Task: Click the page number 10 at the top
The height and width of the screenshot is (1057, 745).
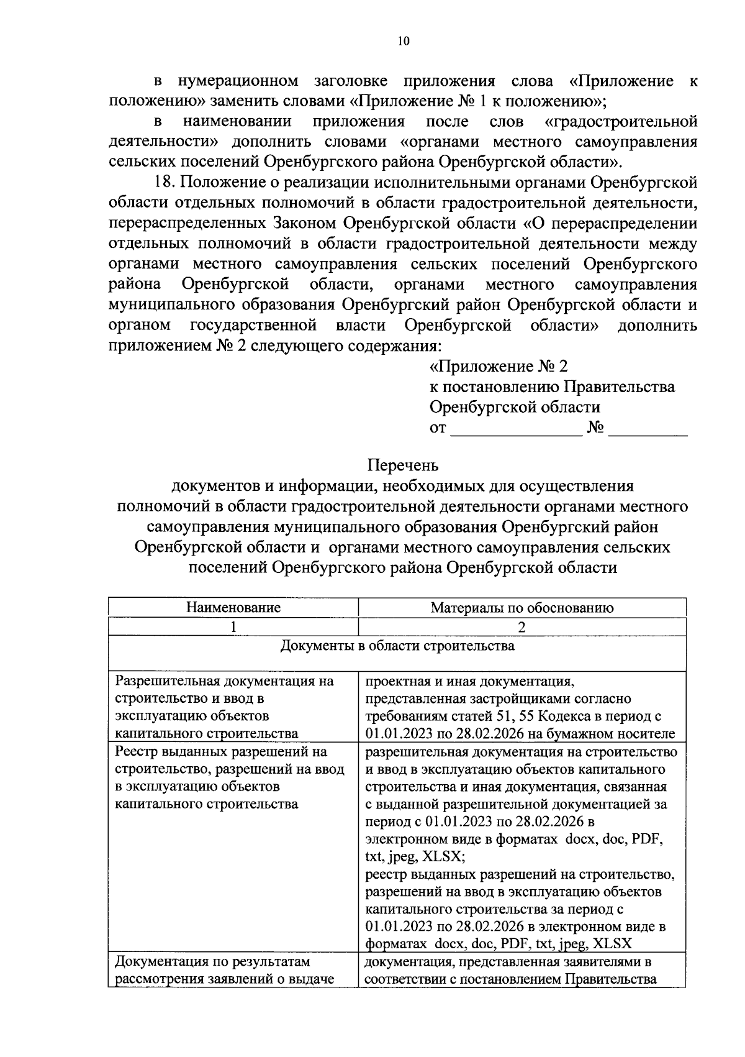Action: pyautogui.click(x=403, y=41)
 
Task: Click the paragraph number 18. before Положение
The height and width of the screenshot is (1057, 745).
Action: pyautogui.click(x=166, y=183)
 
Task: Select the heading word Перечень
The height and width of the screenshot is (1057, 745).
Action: pyautogui.click(x=403, y=465)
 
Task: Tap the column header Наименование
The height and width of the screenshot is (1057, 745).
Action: pyautogui.click(x=233, y=608)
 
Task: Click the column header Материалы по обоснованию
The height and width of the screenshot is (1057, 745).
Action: pyautogui.click(x=522, y=608)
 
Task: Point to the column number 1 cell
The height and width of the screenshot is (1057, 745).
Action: pyautogui.click(x=233, y=627)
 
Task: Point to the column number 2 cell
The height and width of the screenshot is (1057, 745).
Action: pyautogui.click(x=522, y=627)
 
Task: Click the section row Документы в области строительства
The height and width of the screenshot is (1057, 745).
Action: pyautogui.click(x=397, y=646)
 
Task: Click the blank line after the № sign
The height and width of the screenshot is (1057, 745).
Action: pyautogui.click(x=648, y=429)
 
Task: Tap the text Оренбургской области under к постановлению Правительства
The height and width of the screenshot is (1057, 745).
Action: pyautogui.click(x=515, y=408)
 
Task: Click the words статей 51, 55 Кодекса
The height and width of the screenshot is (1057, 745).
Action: pyautogui.click(x=502, y=716)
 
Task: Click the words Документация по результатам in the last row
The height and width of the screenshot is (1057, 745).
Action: pyautogui.click(x=212, y=963)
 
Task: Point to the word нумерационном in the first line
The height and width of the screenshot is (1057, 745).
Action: pyautogui.click(x=238, y=81)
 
